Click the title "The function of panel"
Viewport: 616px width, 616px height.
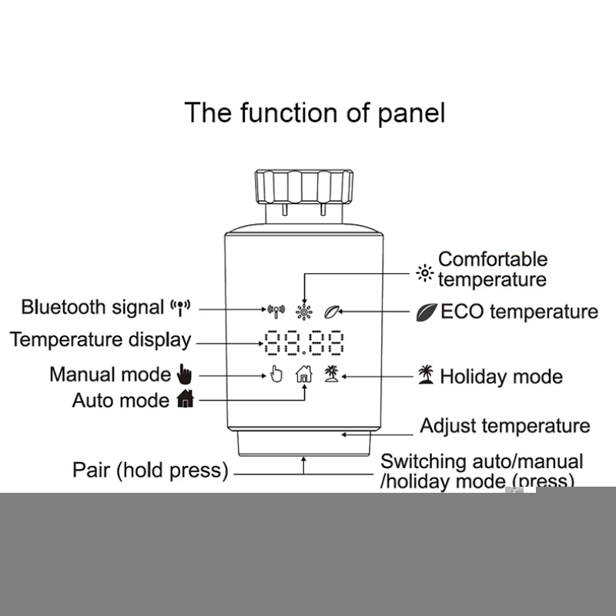314,113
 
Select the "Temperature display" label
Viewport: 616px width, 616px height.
100,340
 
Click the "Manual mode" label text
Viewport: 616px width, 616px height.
110,375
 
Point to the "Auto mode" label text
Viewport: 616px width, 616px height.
120,400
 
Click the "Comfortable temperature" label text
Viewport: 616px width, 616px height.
493,269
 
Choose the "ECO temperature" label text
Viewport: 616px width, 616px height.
519,312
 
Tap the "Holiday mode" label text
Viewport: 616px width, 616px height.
501,377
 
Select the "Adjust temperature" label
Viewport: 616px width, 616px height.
505,426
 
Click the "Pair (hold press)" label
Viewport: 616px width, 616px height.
150,470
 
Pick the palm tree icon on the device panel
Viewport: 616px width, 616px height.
332,373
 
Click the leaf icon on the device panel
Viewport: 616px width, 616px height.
332,312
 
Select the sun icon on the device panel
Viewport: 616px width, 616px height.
305,312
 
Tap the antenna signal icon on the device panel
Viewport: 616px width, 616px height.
276,312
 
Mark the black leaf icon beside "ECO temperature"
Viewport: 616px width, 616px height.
426,312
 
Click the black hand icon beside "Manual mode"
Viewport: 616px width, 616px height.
183,375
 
